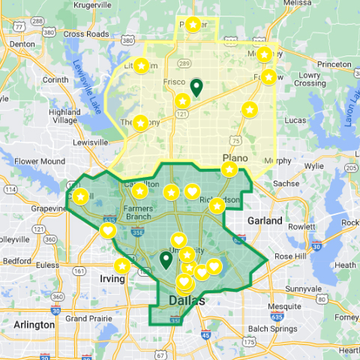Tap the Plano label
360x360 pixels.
[235, 157]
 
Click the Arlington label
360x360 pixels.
[34, 325]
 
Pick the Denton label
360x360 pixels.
[22, 43]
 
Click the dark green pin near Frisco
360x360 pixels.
[196, 87]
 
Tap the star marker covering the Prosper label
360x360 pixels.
[193, 25]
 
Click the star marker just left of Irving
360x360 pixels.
[121, 265]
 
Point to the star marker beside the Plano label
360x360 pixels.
[229, 169]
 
